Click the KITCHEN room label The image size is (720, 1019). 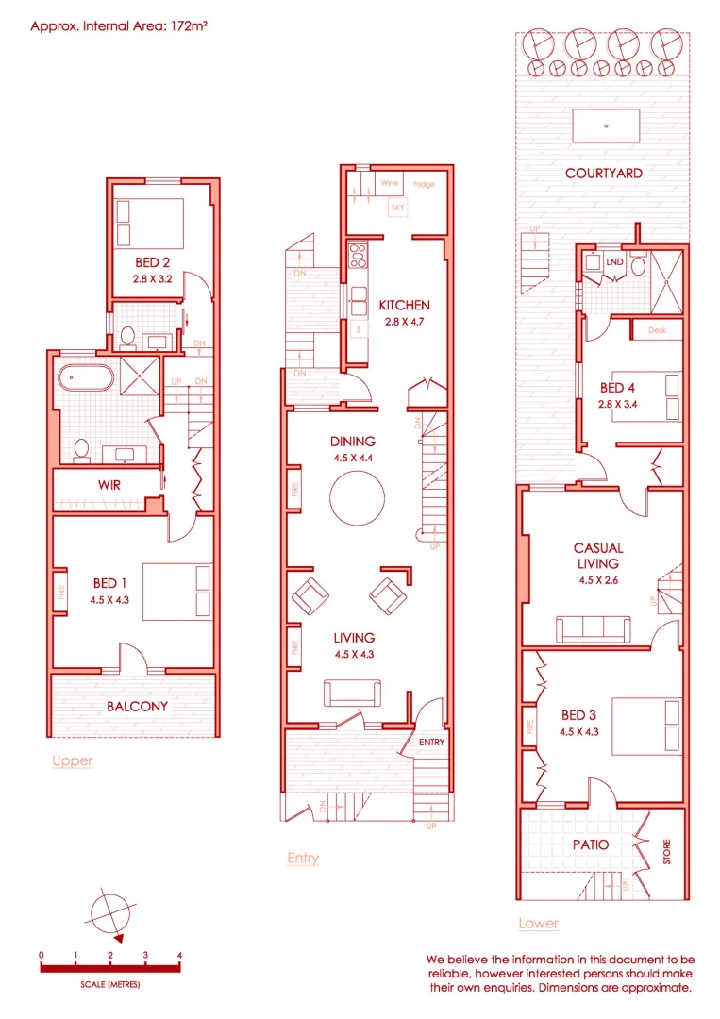tap(404, 305)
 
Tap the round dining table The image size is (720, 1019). tap(357, 496)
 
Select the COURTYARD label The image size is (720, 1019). tap(604, 173)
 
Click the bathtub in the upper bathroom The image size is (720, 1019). tap(85, 380)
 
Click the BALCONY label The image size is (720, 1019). tap(137, 706)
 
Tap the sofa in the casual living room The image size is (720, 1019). tap(594, 629)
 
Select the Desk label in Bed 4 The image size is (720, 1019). tap(658, 331)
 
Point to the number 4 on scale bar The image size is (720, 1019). tap(179, 956)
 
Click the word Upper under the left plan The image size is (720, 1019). tap(73, 760)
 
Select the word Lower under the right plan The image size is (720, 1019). tap(538, 923)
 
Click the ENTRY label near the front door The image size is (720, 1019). tap(431, 743)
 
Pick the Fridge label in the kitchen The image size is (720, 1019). tap(424, 184)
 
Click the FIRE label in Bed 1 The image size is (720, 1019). tap(59, 592)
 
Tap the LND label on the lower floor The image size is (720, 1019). tap(614, 261)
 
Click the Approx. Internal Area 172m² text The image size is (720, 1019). tap(119, 26)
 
